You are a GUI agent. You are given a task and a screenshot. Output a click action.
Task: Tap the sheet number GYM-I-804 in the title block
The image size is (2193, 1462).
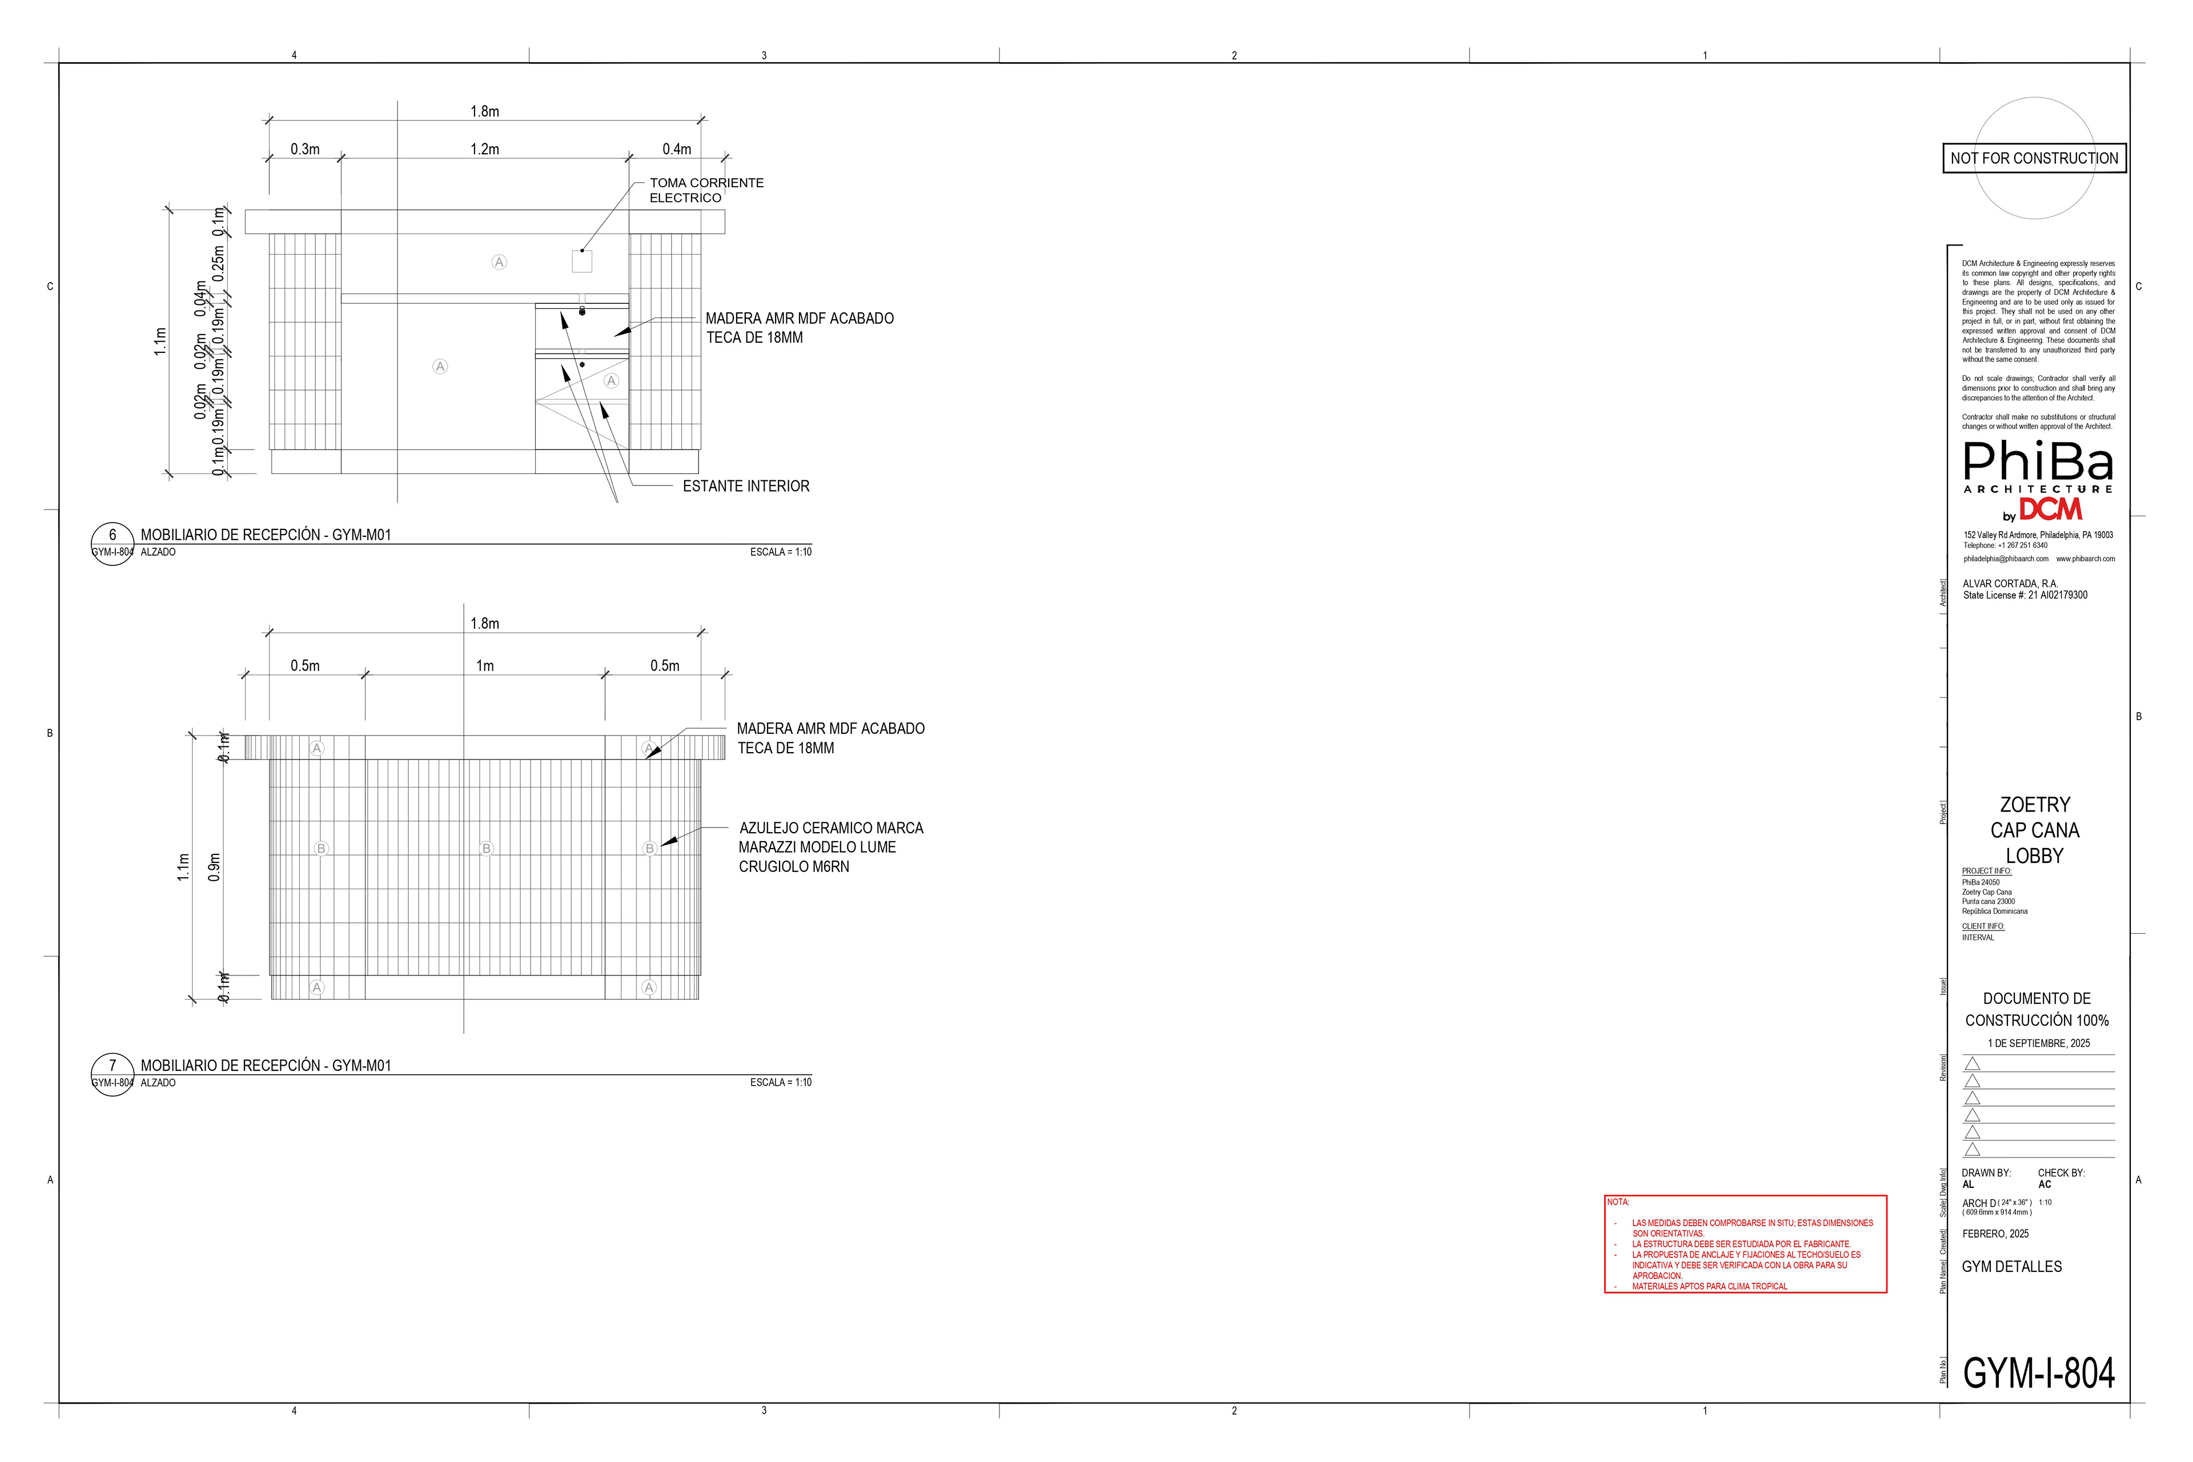(x=2038, y=1373)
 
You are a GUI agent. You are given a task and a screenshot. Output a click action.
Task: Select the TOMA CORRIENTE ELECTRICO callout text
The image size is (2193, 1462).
(x=706, y=190)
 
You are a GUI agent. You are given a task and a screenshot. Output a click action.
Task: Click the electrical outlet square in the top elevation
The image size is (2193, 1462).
(x=582, y=261)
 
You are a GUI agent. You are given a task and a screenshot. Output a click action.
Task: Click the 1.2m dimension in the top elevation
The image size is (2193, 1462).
(x=485, y=149)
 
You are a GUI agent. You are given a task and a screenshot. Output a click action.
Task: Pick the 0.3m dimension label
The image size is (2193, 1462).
(x=305, y=149)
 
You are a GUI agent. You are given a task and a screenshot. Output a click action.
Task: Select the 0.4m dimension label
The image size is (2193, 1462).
(x=677, y=149)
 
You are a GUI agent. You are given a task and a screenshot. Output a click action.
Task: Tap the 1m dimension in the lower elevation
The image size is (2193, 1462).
(x=485, y=666)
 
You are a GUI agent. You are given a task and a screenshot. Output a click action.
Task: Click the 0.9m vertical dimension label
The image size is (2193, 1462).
(x=215, y=867)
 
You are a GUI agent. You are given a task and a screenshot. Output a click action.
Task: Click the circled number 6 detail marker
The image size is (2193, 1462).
(x=113, y=535)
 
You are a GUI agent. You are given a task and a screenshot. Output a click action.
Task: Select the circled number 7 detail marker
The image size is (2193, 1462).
(x=113, y=1066)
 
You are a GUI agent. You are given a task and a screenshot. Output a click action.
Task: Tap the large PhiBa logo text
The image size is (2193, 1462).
(x=2038, y=461)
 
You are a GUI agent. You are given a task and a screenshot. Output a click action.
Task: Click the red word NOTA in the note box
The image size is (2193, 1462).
(x=1618, y=1202)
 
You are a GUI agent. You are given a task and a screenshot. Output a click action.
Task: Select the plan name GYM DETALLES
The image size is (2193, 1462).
(x=2011, y=1266)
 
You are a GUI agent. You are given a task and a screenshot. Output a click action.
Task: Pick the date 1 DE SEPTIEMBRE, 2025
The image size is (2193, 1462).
(x=2038, y=1043)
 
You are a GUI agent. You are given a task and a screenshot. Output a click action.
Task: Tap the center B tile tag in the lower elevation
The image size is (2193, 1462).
(x=486, y=849)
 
